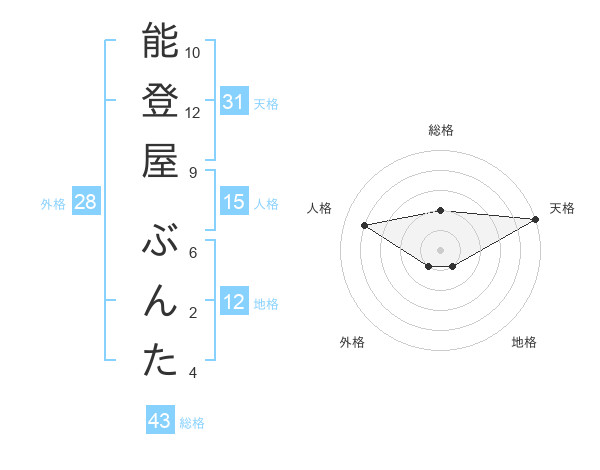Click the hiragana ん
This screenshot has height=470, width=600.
[160, 301]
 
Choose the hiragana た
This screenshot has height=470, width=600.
[160, 361]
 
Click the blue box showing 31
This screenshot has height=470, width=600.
[233, 101]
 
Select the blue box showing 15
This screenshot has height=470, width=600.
[233, 202]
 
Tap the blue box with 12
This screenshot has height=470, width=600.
[233, 302]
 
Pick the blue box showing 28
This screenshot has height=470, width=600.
[86, 202]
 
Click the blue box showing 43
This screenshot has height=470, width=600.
[159, 421]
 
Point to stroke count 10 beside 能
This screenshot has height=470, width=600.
[193, 52]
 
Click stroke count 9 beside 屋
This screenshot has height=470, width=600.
[193, 172]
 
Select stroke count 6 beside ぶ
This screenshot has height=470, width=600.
[193, 253]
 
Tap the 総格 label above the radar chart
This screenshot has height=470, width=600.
[441, 130]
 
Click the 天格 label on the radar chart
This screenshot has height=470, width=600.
[562, 208]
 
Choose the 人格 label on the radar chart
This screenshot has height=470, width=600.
[320, 208]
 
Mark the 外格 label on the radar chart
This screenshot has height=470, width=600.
[352, 342]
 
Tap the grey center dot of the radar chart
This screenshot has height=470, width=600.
[440, 248]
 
